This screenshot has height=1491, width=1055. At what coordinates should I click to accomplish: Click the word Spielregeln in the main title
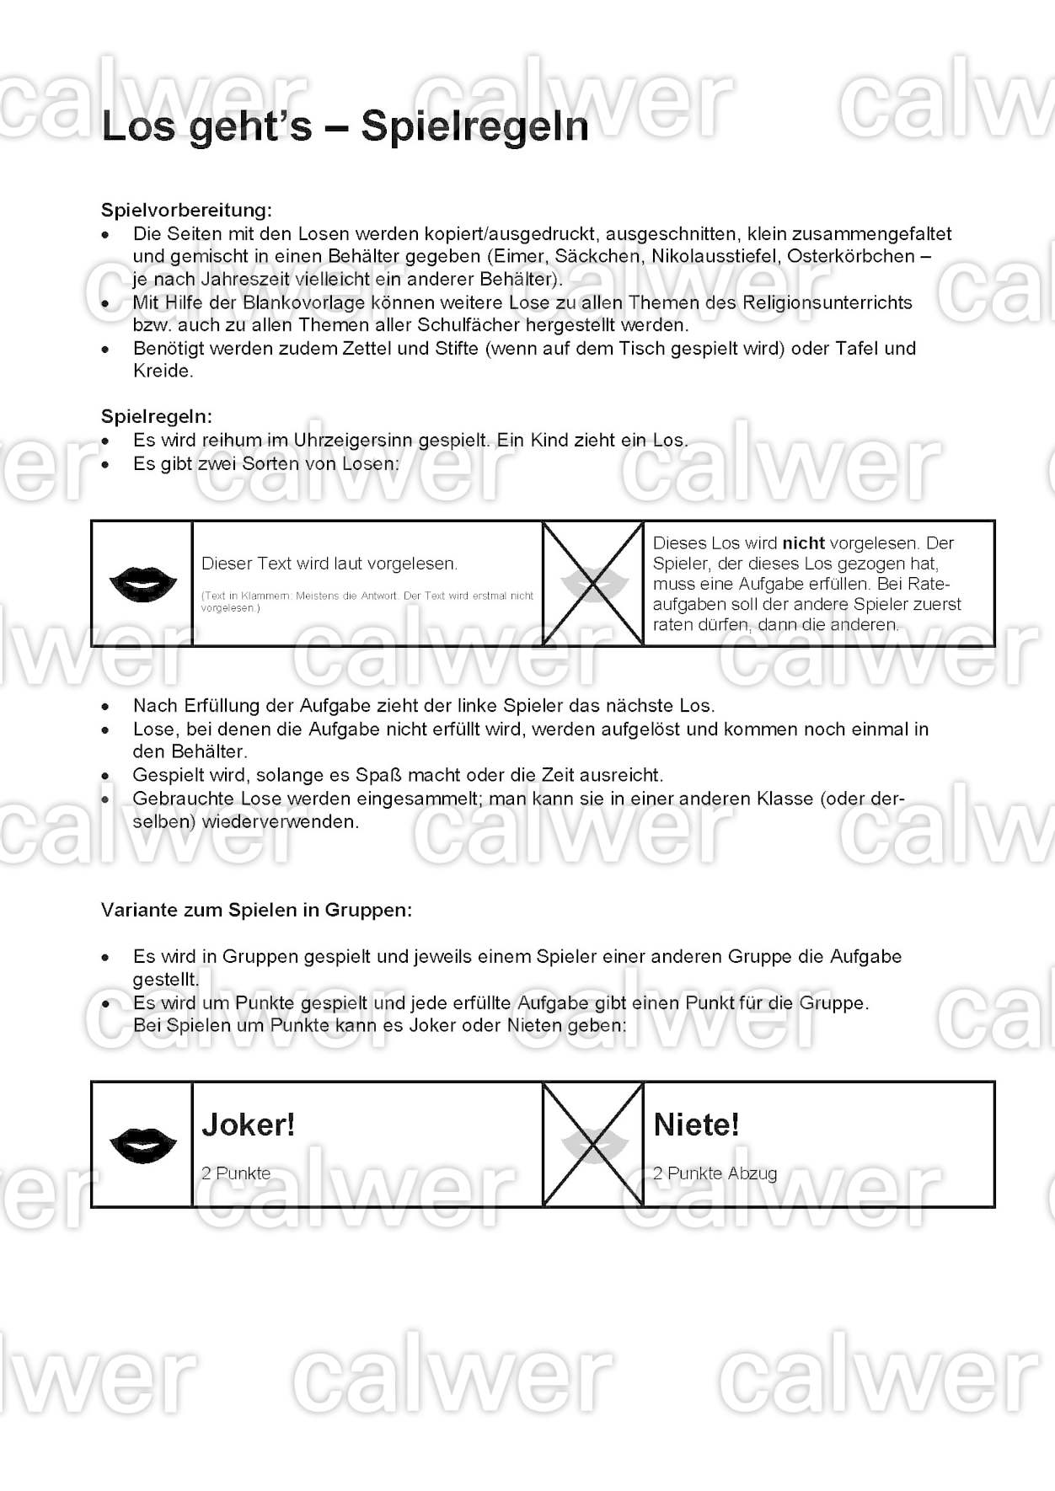click(x=474, y=126)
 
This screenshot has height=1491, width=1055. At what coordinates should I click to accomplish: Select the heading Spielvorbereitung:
click(x=186, y=210)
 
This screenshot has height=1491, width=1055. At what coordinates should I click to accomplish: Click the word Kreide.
click(x=163, y=371)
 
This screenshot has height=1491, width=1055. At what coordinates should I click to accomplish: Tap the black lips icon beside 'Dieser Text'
click(x=143, y=583)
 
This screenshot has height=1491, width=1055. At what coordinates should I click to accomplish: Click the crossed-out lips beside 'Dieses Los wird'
click(x=593, y=583)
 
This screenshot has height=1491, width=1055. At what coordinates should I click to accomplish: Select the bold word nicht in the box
click(x=803, y=543)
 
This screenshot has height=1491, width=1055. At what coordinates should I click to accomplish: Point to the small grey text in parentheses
click(x=367, y=601)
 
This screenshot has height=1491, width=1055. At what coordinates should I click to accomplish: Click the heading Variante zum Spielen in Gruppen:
click(x=256, y=910)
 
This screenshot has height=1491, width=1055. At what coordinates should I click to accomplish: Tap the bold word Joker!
click(x=249, y=1125)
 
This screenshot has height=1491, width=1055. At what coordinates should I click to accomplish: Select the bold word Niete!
click(x=696, y=1125)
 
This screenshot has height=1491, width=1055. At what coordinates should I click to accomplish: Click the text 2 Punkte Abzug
click(x=715, y=1173)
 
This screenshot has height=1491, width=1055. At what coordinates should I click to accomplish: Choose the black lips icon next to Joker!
click(x=143, y=1145)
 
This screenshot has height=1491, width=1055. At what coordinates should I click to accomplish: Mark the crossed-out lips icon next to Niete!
click(x=593, y=1145)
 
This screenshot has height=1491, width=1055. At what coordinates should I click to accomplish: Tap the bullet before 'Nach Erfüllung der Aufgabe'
click(x=105, y=707)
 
